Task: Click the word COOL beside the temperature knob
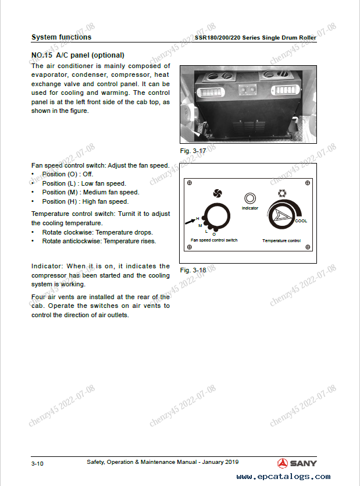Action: pyautogui.click(x=301, y=221)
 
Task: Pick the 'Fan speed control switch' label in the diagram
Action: pyautogui.click(x=214, y=240)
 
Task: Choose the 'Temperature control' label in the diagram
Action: pyautogui.click(x=281, y=240)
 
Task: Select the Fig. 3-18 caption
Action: pyautogui.click(x=193, y=270)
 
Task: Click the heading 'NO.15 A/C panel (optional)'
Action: pyautogui.click(x=77, y=56)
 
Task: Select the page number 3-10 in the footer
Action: pyautogui.click(x=37, y=464)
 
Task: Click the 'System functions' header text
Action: pyautogui.click(x=61, y=37)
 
